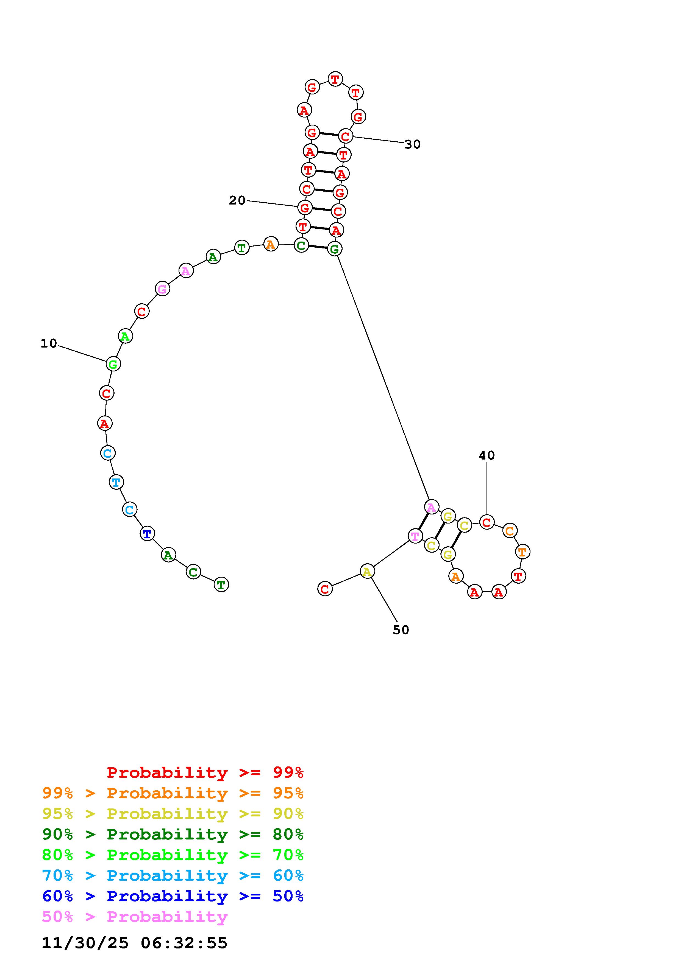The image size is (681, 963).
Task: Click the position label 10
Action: [49, 343]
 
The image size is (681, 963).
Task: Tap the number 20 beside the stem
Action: [237, 200]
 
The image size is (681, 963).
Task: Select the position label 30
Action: [412, 144]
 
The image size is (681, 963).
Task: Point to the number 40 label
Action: [487, 455]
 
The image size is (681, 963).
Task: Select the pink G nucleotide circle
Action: [162, 289]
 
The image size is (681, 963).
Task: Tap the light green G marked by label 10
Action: [113, 364]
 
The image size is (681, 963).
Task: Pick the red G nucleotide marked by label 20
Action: [305, 207]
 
